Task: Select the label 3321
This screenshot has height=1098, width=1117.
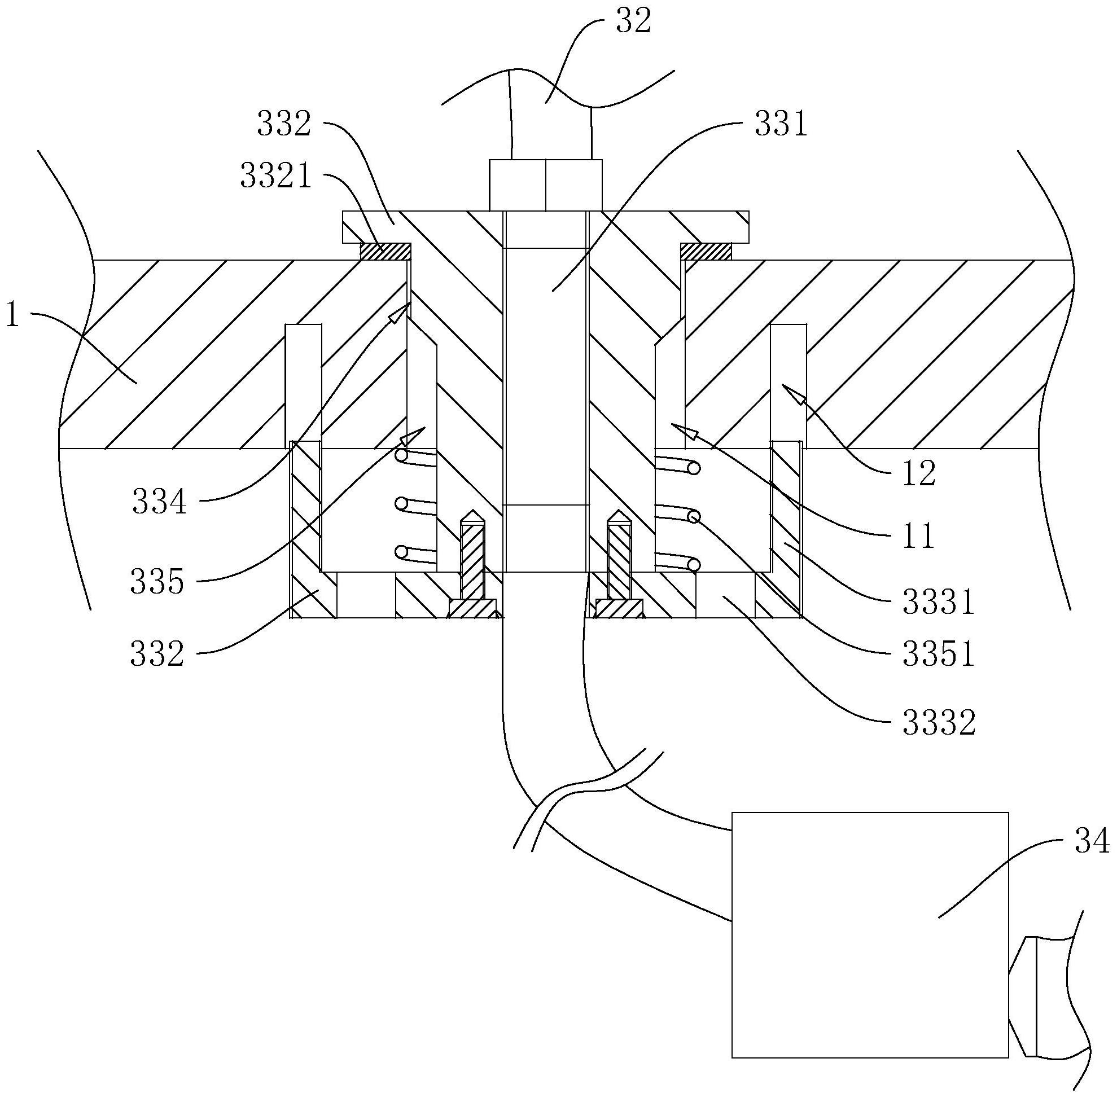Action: [277, 177]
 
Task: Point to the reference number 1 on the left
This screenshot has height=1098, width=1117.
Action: [12, 317]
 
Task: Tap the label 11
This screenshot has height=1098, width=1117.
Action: [918, 537]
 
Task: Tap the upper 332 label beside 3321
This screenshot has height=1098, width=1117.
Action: [284, 125]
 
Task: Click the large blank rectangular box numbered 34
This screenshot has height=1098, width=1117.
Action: [869, 934]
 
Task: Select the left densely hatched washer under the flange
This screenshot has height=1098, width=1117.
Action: [386, 251]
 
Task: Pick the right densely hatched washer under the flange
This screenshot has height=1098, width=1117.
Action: [706, 251]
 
